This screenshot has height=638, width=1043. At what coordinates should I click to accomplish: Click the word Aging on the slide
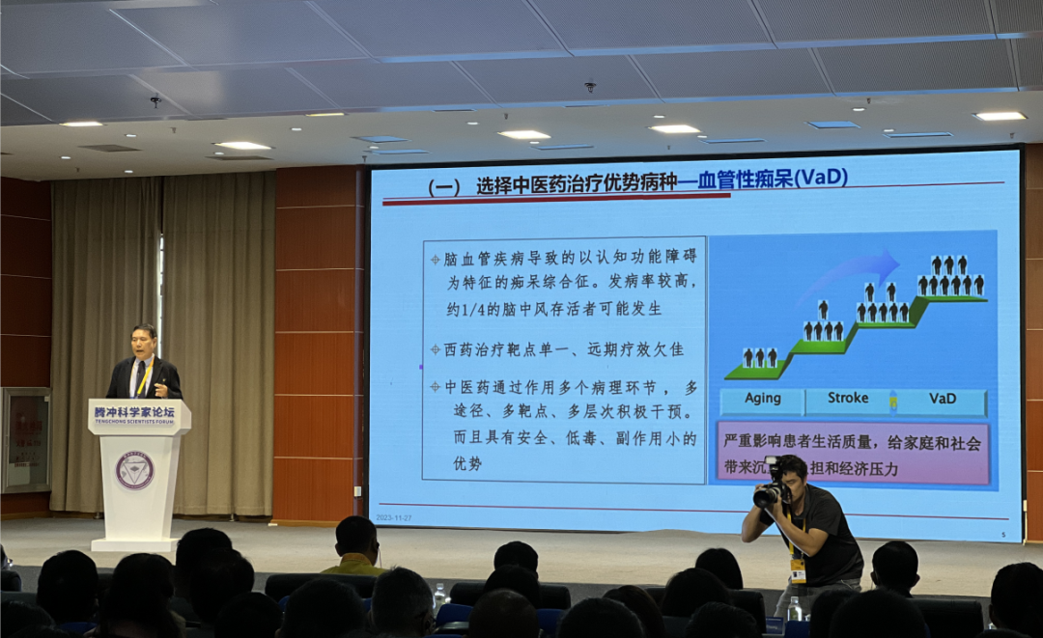tap(763, 400)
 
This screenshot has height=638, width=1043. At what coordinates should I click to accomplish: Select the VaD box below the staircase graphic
tap(943, 400)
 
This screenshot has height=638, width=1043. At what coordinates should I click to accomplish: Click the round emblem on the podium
tap(134, 470)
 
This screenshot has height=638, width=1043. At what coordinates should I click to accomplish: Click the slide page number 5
tap(1002, 533)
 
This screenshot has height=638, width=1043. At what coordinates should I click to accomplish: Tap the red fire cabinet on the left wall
tap(25, 439)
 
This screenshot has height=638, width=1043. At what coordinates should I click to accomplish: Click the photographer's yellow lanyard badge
tap(798, 569)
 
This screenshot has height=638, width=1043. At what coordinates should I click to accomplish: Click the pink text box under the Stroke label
tap(853, 454)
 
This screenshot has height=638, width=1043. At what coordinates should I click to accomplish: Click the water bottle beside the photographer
tap(794, 609)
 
